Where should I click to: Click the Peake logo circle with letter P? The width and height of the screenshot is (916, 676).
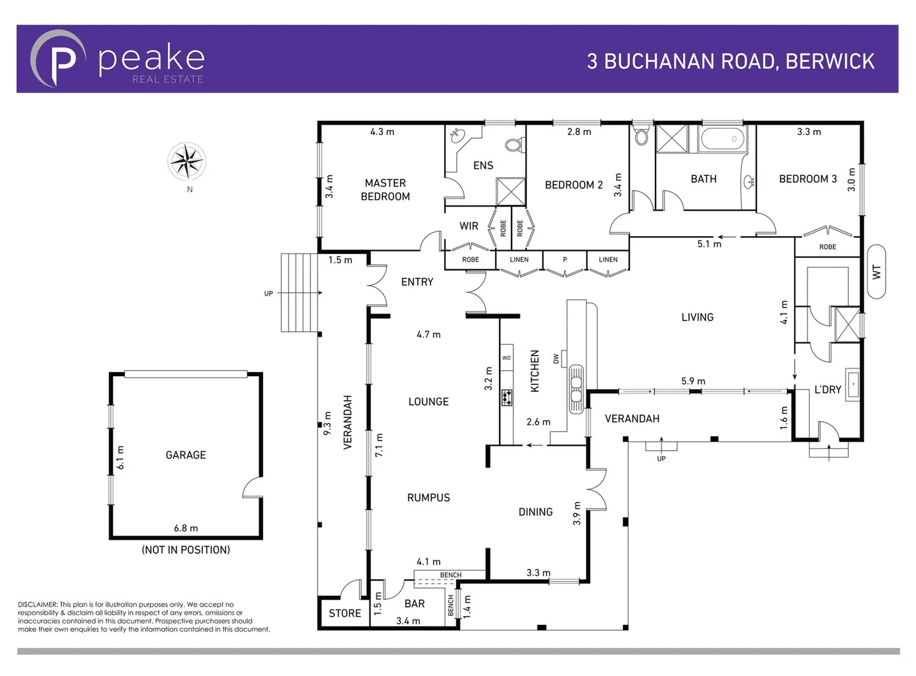pyautogui.click(x=58, y=58)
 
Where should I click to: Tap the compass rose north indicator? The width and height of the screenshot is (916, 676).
pyautogui.click(x=187, y=161)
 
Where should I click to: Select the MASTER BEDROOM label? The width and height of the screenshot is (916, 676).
pyautogui.click(x=385, y=190)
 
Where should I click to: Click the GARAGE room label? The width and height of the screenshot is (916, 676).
pyautogui.click(x=185, y=455)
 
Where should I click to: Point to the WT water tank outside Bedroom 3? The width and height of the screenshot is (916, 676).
pyautogui.click(x=876, y=271)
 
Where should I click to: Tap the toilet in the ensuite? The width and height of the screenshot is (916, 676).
pyautogui.click(x=515, y=145)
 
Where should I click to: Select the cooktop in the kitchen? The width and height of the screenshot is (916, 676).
pyautogui.click(x=507, y=397)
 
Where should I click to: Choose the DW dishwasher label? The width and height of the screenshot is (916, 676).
pyautogui.click(x=556, y=359)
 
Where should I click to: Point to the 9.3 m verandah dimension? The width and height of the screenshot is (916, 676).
pyautogui.click(x=327, y=424)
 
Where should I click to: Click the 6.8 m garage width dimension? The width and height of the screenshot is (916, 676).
pyautogui.click(x=185, y=528)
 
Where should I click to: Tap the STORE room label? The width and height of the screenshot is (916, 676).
pyautogui.click(x=344, y=613)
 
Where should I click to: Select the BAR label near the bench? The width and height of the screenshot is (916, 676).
pyautogui.click(x=414, y=603)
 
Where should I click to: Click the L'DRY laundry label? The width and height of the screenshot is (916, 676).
pyautogui.click(x=827, y=389)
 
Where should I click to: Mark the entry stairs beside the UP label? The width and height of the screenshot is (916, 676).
pyautogui.click(x=300, y=292)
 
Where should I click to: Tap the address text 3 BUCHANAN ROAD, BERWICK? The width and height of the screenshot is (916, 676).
pyautogui.click(x=730, y=61)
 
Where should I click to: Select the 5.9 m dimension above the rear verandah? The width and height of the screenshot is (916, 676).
pyautogui.click(x=693, y=381)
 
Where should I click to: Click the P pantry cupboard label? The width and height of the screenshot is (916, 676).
pyautogui.click(x=565, y=259)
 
